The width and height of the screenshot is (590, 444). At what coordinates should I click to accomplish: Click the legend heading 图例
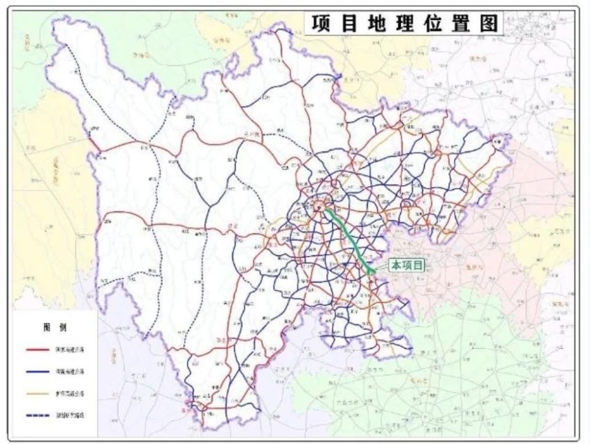51,327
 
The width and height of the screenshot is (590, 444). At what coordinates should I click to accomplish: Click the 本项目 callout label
409,265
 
